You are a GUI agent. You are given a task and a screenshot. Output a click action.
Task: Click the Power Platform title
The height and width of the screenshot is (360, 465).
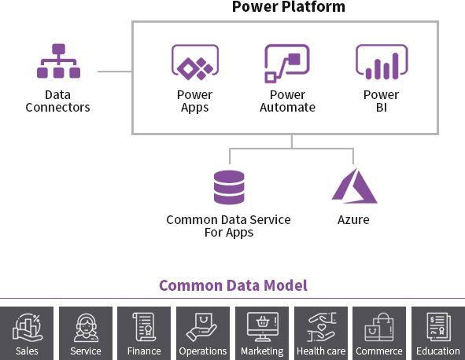[289, 6]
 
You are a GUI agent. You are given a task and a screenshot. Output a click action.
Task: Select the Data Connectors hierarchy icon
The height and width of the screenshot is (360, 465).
[58, 61]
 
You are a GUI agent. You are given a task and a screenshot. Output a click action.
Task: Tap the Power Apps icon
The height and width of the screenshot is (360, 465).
[195, 63]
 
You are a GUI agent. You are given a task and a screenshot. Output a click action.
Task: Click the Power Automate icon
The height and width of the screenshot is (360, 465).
[287, 64]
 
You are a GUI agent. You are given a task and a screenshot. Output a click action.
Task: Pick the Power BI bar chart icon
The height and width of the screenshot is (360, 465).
[382, 62]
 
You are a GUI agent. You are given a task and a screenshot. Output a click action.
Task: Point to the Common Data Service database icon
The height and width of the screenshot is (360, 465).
[229, 187]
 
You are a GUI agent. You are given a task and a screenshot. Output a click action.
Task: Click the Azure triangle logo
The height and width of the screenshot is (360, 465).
[354, 186]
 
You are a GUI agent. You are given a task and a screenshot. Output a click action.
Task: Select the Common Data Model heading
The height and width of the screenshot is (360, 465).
[233, 285]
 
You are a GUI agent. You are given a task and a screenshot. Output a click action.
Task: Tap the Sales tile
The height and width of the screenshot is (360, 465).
[27, 333]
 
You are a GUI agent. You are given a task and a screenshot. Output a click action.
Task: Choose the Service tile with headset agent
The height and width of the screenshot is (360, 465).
[86, 333]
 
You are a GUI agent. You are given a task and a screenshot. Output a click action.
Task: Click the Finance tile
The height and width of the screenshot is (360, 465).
[144, 333]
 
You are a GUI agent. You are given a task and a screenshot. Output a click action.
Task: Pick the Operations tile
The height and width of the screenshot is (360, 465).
[203, 333]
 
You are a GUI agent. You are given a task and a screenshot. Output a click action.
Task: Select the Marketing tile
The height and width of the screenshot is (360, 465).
[262, 333]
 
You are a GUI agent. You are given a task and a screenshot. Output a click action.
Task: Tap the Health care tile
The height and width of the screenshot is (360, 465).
[321, 333]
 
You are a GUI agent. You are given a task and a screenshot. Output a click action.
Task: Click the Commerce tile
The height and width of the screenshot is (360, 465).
[379, 333]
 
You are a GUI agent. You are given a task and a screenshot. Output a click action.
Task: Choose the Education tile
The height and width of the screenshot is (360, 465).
[438, 333]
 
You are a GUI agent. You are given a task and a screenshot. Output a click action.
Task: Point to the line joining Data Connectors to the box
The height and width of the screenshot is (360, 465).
[115, 72]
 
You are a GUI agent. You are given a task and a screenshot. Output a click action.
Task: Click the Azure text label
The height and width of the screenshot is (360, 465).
[353, 220]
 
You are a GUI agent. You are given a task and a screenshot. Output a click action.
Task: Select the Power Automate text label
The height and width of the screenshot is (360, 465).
[287, 101]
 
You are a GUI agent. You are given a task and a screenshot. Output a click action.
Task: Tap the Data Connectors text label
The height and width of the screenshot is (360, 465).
[57, 101]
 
